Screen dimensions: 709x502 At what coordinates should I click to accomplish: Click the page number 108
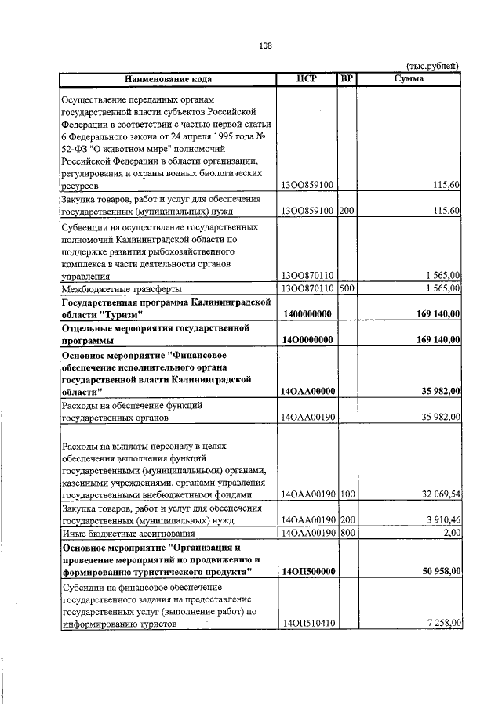265,45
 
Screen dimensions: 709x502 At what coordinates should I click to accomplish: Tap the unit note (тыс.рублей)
432,67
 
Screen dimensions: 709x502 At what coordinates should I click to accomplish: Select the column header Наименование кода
167,79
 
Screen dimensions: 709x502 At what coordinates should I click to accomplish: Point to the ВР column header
347,79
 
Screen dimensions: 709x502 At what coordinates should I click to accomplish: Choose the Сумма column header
409,79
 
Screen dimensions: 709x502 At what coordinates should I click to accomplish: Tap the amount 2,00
451,533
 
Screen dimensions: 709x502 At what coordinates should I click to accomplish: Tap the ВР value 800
347,533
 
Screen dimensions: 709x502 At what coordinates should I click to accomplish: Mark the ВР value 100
347,495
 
